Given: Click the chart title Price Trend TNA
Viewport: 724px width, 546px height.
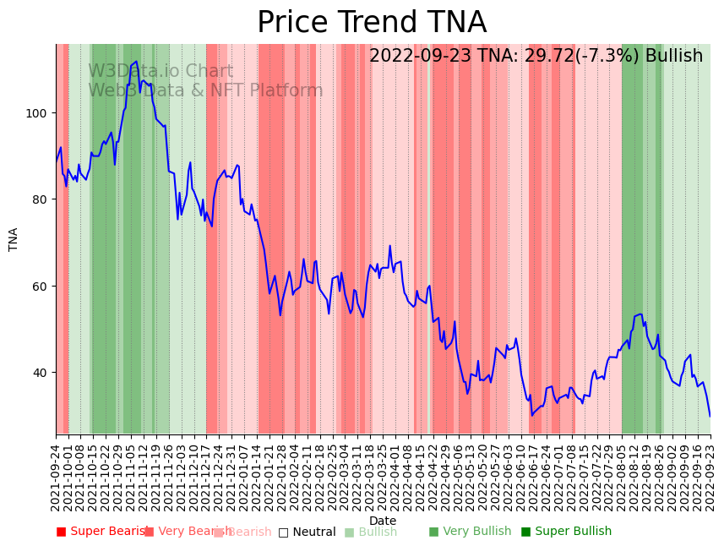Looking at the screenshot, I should (x=372, y=23).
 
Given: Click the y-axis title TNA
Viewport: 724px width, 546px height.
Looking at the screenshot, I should (x=14, y=239).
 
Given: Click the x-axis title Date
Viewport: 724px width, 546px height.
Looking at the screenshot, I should (x=383, y=521).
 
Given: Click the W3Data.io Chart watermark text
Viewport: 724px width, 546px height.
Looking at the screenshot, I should (x=161, y=72).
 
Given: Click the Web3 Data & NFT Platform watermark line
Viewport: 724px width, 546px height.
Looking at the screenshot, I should (x=205, y=91).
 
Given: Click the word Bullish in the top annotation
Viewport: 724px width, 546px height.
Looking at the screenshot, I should (x=673, y=57).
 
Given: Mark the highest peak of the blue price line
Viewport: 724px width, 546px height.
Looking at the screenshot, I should (x=136, y=62).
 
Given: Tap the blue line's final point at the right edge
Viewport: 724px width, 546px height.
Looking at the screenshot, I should (x=710, y=416).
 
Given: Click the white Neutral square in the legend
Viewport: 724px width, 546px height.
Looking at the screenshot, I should (x=284, y=532).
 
